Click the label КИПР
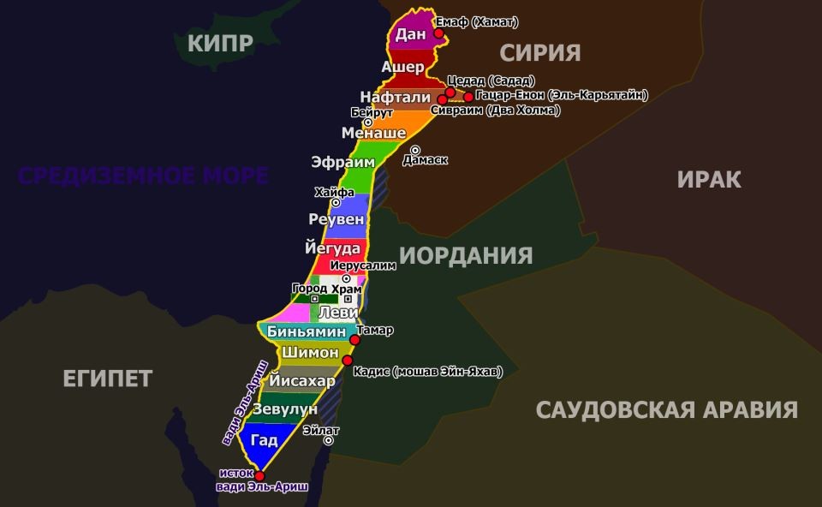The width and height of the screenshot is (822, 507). tap(218, 42)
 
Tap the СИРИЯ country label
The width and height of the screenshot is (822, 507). tap(540, 53)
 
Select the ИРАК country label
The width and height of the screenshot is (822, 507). tap(709, 179)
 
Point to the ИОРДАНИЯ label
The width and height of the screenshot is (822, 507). tap(466, 255)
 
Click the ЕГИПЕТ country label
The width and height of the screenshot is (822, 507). tap(108, 378)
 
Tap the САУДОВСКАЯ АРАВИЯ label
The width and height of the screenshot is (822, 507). tap(667, 409)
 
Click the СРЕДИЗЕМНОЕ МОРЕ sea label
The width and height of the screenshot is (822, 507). tap(144, 176)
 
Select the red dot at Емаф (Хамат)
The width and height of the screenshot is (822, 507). tap(438, 33)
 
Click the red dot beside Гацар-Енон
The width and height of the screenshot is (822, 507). tap(468, 96)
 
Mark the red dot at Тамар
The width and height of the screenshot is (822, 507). tap(355, 340)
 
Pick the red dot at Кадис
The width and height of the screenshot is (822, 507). tap(347, 361)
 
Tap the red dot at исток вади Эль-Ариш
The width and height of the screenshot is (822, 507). tap(259, 476)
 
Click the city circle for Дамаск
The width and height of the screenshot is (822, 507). tap(415, 151)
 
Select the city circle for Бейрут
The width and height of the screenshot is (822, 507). tap(369, 122)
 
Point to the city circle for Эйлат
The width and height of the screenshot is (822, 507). tap(328, 440)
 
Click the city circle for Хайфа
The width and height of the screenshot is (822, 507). tap(336, 203)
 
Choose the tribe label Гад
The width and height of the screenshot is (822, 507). tap(265, 440)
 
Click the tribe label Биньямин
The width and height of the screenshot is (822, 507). tap(307, 331)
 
